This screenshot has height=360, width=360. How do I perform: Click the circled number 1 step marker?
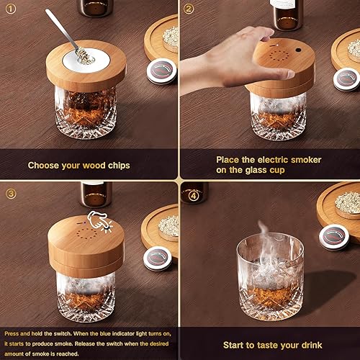tap(11, 9)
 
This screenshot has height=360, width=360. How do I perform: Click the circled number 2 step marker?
tap(189, 9)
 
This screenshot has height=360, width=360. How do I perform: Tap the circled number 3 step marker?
tap(11, 193)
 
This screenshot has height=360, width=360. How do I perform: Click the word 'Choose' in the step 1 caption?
tap(44, 165)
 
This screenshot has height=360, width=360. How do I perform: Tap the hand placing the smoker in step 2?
tap(216, 68)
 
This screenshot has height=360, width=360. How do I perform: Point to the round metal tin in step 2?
tap(346, 78)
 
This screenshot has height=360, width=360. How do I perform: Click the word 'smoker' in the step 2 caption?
tap(303, 159)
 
